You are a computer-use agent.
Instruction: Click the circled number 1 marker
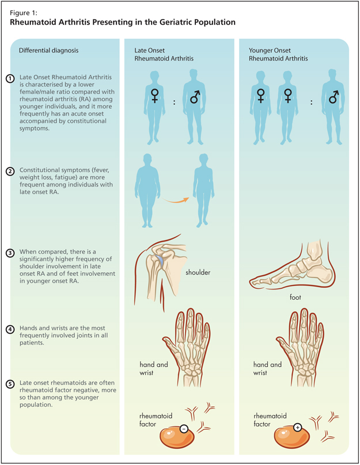coord(10,79)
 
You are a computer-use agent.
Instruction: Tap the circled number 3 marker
coord(10,252)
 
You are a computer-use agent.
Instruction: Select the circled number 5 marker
coord(10,383)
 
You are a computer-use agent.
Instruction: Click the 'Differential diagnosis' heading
coord(49,50)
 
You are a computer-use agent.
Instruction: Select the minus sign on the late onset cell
coord(183,429)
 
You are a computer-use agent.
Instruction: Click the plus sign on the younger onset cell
coord(298,428)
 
